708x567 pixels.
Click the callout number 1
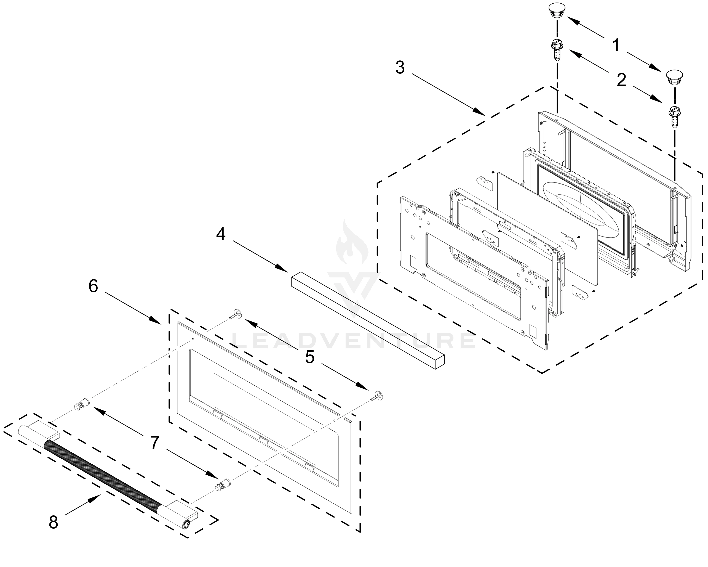point(616,45)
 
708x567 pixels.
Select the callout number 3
point(400,68)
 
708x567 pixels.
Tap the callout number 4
point(221,234)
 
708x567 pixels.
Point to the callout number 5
point(310,357)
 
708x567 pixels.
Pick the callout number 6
point(93,286)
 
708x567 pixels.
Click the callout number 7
point(155,443)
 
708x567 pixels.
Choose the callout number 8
point(53,522)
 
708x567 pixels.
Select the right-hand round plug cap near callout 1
point(674,77)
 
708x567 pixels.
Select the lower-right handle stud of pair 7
point(222,485)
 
